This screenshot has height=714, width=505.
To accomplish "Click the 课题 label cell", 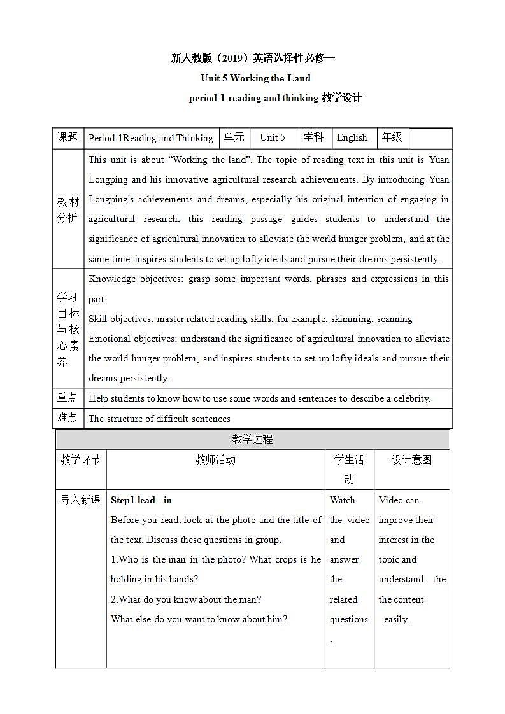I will [x=68, y=137].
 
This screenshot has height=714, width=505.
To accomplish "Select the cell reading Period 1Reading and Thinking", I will [x=151, y=138].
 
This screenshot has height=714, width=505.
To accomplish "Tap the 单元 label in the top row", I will [x=234, y=137].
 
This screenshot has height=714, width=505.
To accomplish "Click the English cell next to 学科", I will [x=352, y=137].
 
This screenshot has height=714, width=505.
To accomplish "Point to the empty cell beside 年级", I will [x=430, y=138].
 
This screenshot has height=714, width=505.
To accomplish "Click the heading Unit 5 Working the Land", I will [x=255, y=78].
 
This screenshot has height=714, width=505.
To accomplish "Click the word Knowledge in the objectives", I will [x=113, y=279].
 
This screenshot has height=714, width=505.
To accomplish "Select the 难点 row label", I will [x=68, y=417].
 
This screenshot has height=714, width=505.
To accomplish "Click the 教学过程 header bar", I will [x=252, y=439].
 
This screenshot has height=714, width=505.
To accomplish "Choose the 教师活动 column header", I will [x=215, y=459].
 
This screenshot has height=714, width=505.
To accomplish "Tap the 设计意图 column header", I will [x=411, y=459].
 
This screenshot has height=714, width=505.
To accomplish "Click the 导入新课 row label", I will [x=80, y=500].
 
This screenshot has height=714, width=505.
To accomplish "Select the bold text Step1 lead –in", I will [x=141, y=500].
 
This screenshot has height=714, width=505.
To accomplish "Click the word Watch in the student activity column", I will [x=343, y=500].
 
